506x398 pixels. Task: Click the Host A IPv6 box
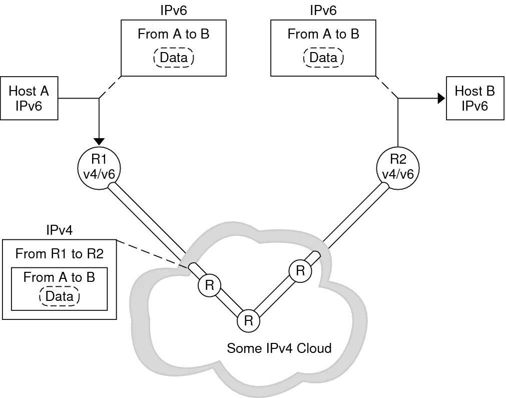click(x=29, y=98)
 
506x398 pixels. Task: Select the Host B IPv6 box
click(x=475, y=98)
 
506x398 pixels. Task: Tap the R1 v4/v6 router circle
click(x=99, y=167)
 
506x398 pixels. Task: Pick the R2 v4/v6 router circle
click(x=398, y=167)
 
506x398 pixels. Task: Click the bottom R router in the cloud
click(x=248, y=321)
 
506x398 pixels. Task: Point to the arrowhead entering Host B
click(x=441, y=98)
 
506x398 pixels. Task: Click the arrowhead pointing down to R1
click(x=99, y=141)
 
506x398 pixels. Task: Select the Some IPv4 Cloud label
click(x=279, y=348)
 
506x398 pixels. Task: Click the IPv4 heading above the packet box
click(x=60, y=230)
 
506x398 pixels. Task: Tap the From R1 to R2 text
click(x=60, y=254)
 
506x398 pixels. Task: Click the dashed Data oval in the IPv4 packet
click(x=60, y=296)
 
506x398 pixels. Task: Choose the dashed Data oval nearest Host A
click(x=174, y=58)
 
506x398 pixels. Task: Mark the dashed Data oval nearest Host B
click(x=323, y=58)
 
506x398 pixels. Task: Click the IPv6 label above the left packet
click(x=174, y=11)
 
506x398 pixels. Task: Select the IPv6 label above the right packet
click(x=323, y=11)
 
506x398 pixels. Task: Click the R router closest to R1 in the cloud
click(x=209, y=285)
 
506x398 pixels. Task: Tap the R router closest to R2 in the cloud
click(x=300, y=270)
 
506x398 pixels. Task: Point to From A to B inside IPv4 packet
click(x=60, y=277)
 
